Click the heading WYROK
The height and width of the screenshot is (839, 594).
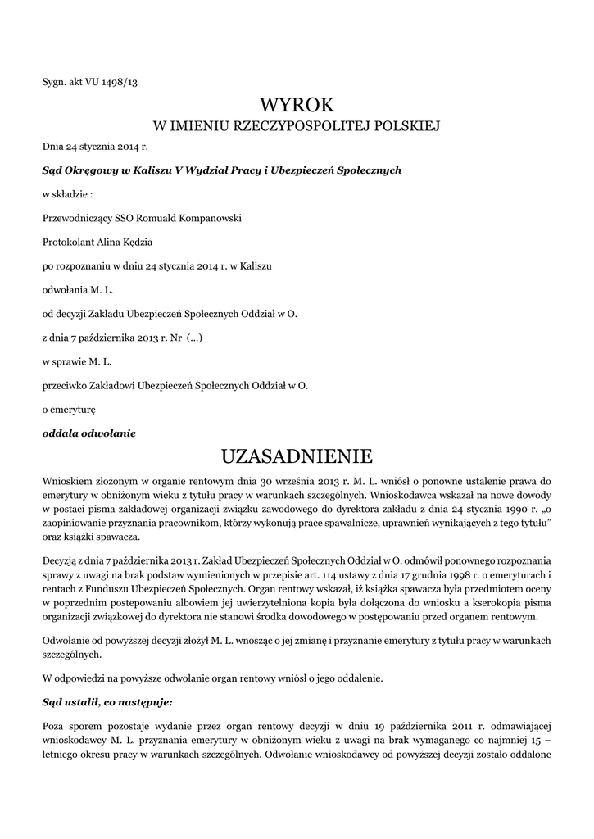[x=297, y=104]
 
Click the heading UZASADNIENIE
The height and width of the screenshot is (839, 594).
[x=297, y=455]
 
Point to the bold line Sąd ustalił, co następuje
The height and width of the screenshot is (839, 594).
[x=107, y=702]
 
